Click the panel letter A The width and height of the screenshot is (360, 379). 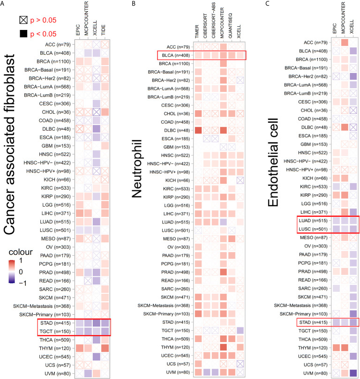tap(3, 3)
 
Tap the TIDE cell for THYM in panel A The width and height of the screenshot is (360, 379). tap(105, 348)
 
